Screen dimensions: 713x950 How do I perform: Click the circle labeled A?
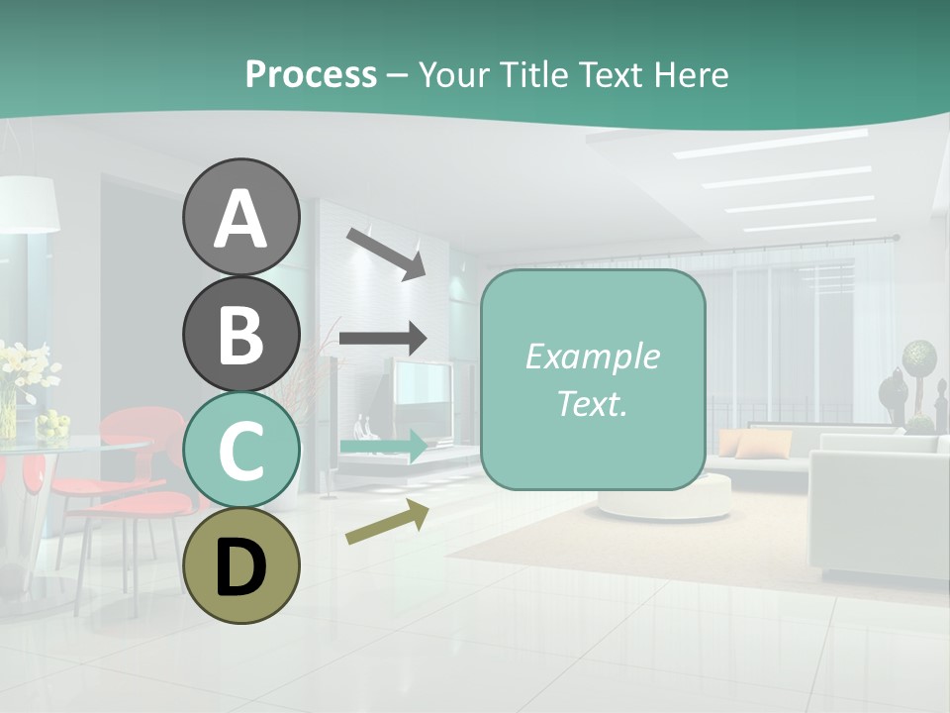(x=240, y=218)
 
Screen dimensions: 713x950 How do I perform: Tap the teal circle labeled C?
(x=240, y=450)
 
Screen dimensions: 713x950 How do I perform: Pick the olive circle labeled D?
(x=240, y=565)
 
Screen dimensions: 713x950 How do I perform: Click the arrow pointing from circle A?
(x=385, y=253)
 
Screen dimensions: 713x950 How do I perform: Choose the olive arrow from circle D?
(x=387, y=521)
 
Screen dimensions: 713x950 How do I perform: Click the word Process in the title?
(x=311, y=74)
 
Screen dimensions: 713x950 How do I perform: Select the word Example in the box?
(x=592, y=356)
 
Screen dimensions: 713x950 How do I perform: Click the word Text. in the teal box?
(x=592, y=403)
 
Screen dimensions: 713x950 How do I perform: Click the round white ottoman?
(x=663, y=495)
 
